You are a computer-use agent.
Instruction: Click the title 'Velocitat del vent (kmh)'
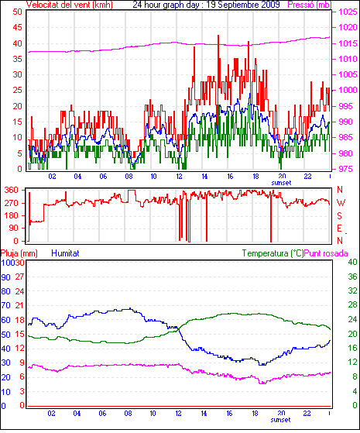tap(70, 5)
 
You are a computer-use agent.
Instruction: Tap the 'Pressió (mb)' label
tap(310, 5)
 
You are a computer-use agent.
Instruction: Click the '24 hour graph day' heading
tap(166, 5)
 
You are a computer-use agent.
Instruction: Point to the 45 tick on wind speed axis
tap(17, 27)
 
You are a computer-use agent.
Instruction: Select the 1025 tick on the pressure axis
tap(348, 12)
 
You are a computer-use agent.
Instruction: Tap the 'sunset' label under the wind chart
tap(281, 183)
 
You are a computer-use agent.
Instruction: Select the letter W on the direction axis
tap(341, 203)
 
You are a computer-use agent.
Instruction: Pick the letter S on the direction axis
tap(340, 215)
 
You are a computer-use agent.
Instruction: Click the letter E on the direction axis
tap(340, 229)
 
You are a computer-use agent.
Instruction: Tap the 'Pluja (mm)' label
tap(19, 253)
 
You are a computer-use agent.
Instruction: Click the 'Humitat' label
tap(66, 253)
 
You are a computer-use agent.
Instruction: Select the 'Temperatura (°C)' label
tap(273, 253)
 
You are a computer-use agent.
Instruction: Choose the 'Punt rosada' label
tap(326, 253)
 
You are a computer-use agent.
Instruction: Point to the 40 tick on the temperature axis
tap(352, 262)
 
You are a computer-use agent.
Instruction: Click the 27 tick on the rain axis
tap(19, 277)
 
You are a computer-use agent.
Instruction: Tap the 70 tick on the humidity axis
tap(5, 306)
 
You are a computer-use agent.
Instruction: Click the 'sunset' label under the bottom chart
tap(280, 420)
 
